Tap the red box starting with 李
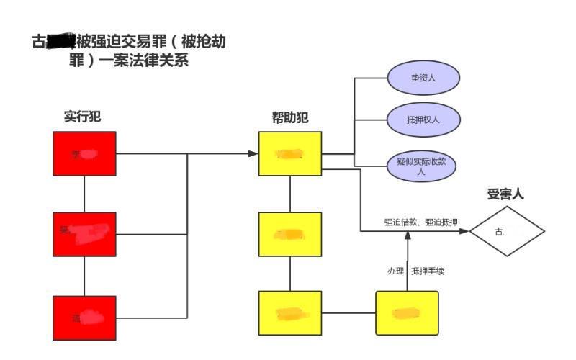(x=84, y=154)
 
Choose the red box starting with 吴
(x=84, y=234)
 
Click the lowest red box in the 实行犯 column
(x=84, y=318)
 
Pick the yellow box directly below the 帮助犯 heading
(x=290, y=154)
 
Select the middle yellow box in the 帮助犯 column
(x=290, y=234)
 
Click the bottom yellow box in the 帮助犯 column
(x=290, y=313)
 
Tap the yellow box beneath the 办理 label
(x=407, y=313)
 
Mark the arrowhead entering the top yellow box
(x=253, y=154)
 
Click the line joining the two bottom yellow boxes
(x=348, y=313)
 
